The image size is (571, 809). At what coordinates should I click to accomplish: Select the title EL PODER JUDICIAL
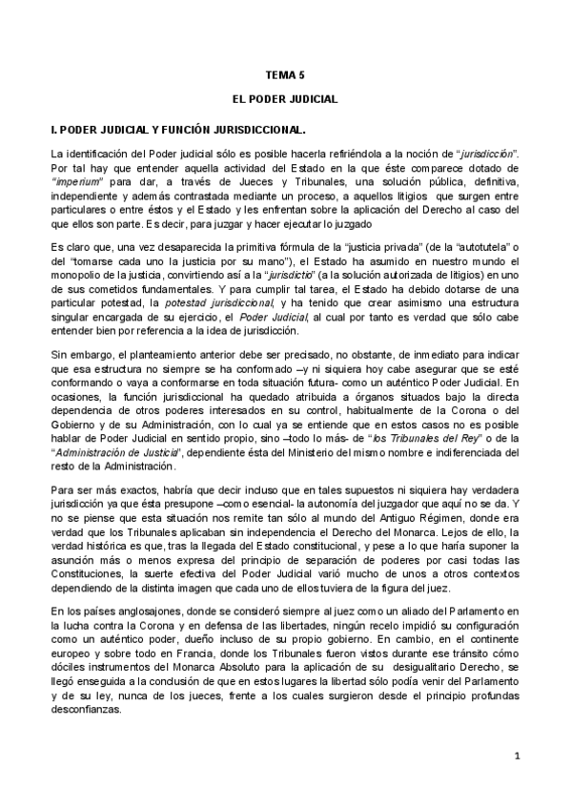point(285,99)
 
